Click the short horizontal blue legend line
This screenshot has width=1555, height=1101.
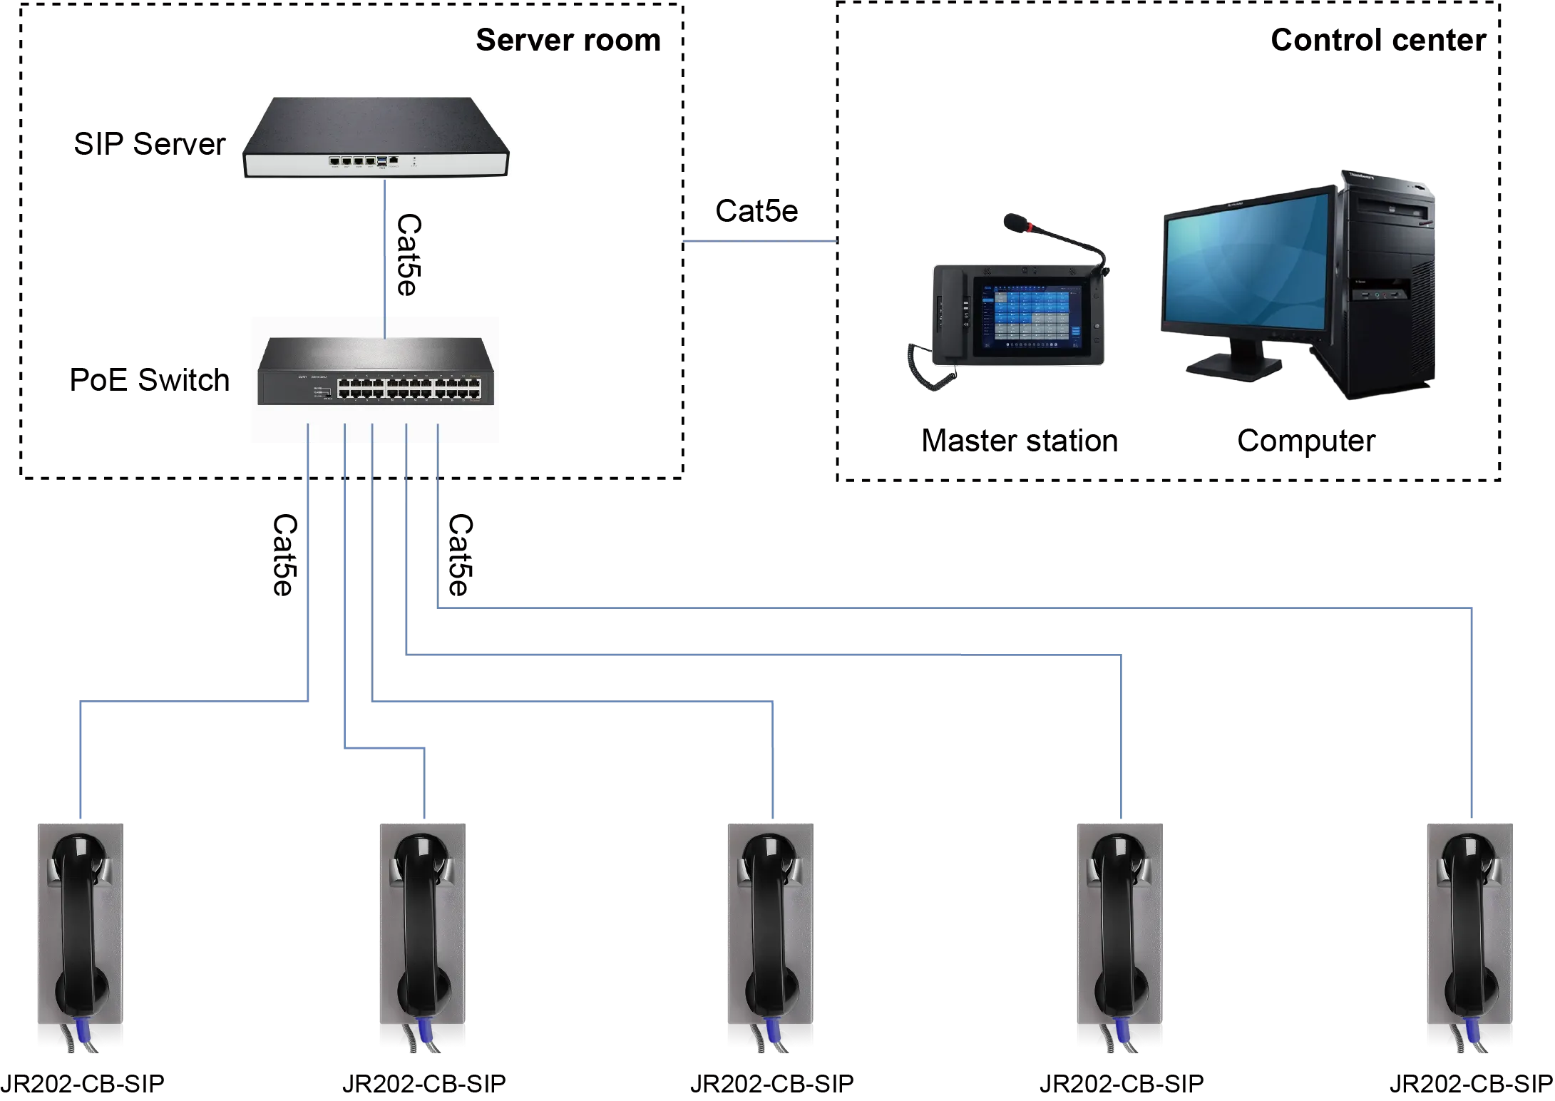pos(759,243)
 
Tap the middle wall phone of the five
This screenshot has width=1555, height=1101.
pos(770,934)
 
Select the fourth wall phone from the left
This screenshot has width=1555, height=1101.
pos(1117,934)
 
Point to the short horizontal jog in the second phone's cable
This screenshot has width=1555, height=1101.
pos(385,748)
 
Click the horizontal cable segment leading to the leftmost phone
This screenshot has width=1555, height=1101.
pos(193,702)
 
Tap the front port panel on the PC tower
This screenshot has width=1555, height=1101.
pos(1382,292)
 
